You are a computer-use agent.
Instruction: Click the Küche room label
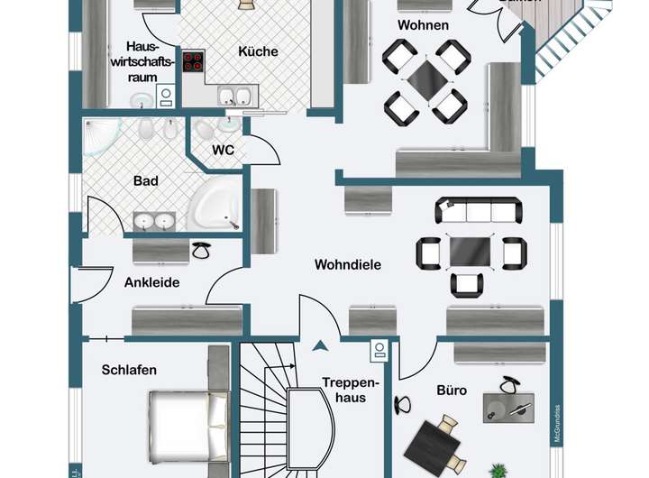point(258,51)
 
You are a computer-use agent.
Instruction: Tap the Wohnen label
point(423,25)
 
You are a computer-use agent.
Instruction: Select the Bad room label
point(146,180)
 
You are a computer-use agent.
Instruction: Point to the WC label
point(224,150)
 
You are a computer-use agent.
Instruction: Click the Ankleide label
point(152,282)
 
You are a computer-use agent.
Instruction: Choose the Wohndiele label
point(348,265)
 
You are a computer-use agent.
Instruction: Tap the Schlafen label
point(129,370)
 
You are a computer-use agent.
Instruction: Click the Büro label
point(452,391)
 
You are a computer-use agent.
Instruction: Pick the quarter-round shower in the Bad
point(104,140)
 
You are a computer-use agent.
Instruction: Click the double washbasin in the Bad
point(154,221)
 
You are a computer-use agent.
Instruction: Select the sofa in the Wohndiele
point(478,212)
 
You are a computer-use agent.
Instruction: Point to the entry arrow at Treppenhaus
point(318,344)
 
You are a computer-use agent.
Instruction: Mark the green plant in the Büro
point(498,471)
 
